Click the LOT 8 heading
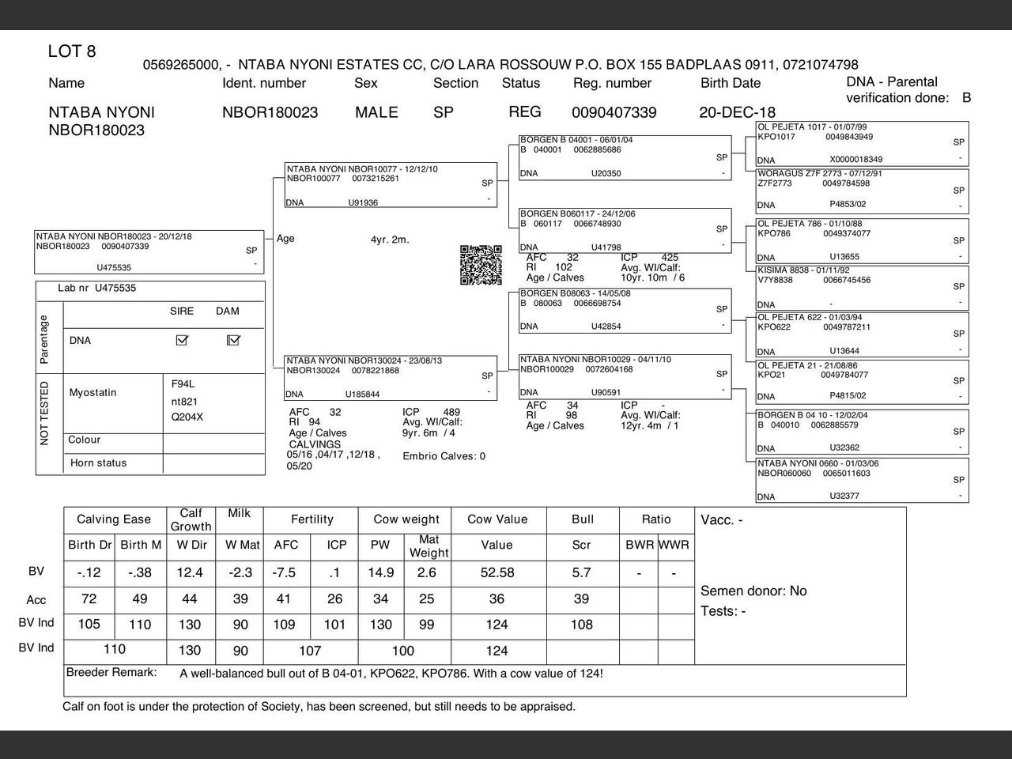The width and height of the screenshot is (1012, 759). pyautogui.click(x=72, y=52)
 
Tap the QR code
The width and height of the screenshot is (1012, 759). pyautogui.click(x=481, y=265)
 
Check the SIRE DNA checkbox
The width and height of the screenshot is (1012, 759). pyautogui.click(x=182, y=340)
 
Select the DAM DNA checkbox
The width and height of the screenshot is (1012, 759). pyautogui.click(x=233, y=340)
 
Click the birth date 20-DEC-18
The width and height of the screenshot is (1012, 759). pyautogui.click(x=737, y=112)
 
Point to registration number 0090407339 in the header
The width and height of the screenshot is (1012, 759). pyautogui.click(x=614, y=112)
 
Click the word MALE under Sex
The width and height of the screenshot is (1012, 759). pyautogui.click(x=376, y=112)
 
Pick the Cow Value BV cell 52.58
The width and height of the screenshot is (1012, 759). pyautogui.click(x=497, y=572)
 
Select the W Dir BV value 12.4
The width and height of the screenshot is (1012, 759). pyautogui.click(x=190, y=572)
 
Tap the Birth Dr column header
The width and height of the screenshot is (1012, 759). pyautogui.click(x=90, y=545)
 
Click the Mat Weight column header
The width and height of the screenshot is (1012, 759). pyautogui.click(x=429, y=546)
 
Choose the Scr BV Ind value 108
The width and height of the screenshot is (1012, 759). pyautogui.click(x=581, y=625)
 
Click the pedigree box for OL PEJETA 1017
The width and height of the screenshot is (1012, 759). pyautogui.click(x=862, y=143)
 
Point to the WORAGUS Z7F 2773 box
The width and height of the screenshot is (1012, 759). pyautogui.click(x=862, y=190)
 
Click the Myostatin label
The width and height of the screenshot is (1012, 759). pyautogui.click(x=93, y=392)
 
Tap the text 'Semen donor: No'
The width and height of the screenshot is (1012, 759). pyautogui.click(x=753, y=591)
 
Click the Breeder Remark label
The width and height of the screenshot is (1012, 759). pyautogui.click(x=111, y=673)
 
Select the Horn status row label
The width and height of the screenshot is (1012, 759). pyautogui.click(x=98, y=463)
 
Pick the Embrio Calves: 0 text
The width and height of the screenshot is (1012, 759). pyautogui.click(x=444, y=456)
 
